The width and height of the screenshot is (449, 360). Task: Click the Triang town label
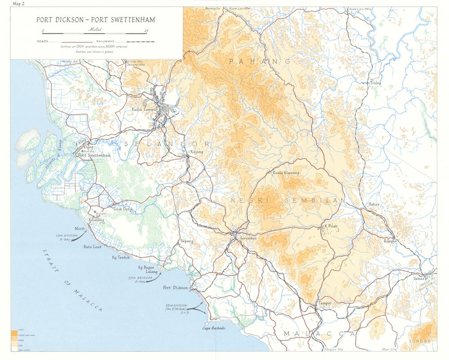375,83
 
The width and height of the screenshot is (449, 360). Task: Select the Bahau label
374,204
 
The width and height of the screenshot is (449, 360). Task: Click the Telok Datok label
123,209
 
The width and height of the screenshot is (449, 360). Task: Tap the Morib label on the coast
79,228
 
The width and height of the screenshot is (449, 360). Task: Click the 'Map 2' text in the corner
19,4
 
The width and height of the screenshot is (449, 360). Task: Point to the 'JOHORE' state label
420,341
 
